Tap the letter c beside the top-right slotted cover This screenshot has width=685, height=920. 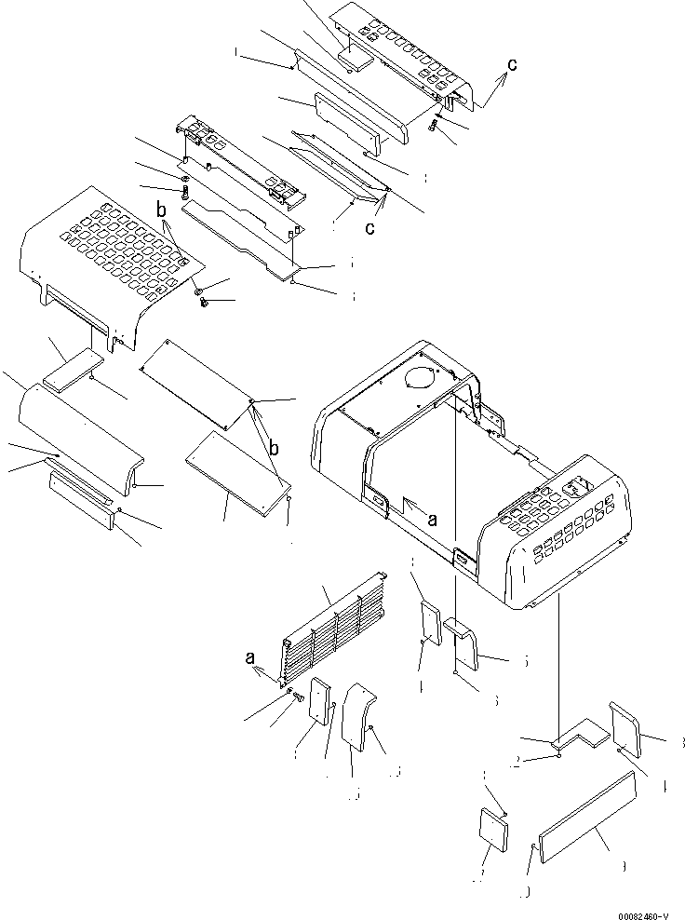pos(511,65)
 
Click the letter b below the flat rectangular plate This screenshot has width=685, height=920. pos(274,448)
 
